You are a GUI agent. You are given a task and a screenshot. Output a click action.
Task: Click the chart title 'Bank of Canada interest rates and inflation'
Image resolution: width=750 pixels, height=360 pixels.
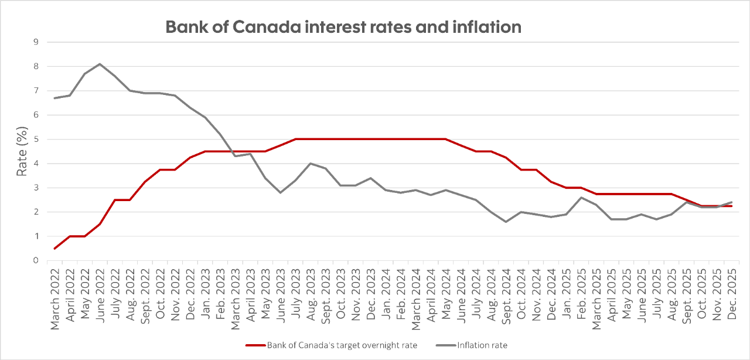click(343, 27)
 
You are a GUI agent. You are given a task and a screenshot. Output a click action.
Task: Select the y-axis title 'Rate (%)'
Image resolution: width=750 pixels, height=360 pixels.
click(21, 151)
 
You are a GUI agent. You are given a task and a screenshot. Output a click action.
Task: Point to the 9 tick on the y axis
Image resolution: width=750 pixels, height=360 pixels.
click(36, 42)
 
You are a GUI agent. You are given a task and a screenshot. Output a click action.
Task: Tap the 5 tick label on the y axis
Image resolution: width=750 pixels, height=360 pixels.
click(36, 140)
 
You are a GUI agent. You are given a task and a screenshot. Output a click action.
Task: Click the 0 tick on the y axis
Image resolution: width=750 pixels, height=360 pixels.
click(36, 260)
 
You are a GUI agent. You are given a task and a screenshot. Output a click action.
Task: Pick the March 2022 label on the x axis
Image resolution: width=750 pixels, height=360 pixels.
click(55, 297)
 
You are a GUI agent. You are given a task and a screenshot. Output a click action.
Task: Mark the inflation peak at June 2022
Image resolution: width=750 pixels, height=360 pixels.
click(100, 64)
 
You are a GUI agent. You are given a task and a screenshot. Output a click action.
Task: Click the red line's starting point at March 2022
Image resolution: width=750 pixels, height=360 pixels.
click(55, 249)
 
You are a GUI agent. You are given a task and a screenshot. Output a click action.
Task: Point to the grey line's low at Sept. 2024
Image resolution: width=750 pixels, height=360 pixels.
click(506, 222)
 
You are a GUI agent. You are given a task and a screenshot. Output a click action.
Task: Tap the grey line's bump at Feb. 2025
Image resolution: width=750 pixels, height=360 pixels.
click(581, 198)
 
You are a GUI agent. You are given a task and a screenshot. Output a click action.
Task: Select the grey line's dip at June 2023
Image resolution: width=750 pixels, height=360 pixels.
click(281, 192)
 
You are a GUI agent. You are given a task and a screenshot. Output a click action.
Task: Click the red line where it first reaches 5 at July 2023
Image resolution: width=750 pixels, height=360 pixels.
click(295, 140)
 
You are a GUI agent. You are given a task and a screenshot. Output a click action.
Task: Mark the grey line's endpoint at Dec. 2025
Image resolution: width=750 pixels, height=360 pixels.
click(731, 202)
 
